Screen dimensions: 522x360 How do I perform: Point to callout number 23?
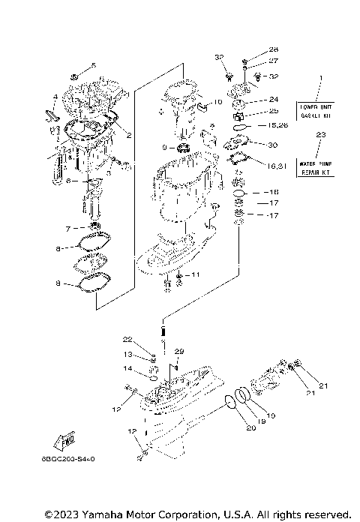tap(321, 135)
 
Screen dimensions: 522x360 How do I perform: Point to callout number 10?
tap(217, 102)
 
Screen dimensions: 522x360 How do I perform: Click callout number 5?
tap(94, 65)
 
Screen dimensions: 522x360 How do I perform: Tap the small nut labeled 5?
tap(75, 77)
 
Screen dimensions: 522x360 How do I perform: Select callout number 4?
tap(55, 97)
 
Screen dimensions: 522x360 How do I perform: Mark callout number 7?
tap(68, 228)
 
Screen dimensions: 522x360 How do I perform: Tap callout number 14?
tap(128, 369)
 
